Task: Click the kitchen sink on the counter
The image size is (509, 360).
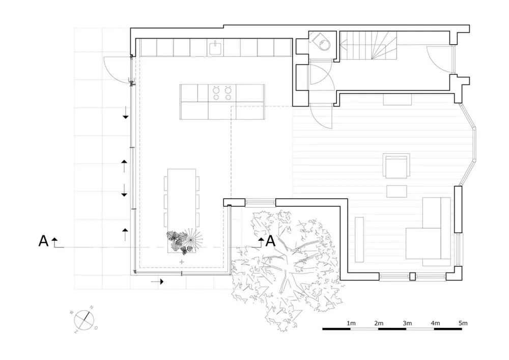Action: click(215, 48)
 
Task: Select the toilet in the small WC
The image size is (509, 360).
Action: click(322, 43)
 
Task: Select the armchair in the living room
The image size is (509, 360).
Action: click(397, 168)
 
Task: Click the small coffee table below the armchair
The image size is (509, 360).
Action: click(397, 191)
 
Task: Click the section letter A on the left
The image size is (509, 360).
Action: click(43, 241)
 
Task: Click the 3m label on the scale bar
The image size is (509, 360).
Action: click(406, 323)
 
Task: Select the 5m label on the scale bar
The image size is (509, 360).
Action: click(462, 323)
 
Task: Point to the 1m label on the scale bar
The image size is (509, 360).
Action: click(350, 323)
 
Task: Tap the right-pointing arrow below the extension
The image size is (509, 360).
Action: click(157, 281)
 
